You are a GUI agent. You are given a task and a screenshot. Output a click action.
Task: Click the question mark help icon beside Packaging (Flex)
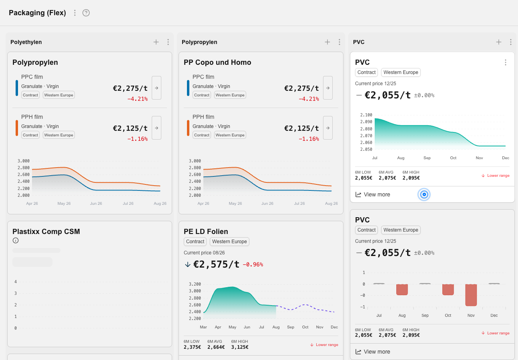(x=86, y=13)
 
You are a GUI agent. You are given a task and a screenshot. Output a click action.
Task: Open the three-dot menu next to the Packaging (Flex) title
(x=75, y=13)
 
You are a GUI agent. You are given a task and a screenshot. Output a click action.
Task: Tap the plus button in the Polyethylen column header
(x=156, y=42)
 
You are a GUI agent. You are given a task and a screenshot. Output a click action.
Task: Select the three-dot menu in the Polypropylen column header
(x=339, y=42)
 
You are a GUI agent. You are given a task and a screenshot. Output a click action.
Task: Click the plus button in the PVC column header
(x=498, y=42)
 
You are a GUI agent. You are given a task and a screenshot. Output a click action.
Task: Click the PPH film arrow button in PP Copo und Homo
(x=328, y=128)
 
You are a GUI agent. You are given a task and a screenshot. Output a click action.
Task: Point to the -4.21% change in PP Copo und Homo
(x=309, y=99)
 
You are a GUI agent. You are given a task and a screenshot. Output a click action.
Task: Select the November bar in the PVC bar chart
(x=471, y=295)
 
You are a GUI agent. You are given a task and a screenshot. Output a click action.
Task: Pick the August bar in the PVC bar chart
(x=402, y=290)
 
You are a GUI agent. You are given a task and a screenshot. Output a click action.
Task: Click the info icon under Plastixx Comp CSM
(x=16, y=240)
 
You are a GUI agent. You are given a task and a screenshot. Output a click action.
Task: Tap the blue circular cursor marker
(x=424, y=194)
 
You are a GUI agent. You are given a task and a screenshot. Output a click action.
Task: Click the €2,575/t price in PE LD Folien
(x=216, y=264)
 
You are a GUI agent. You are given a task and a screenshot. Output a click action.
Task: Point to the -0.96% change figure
(x=253, y=264)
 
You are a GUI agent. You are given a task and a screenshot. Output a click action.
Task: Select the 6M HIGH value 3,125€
(x=240, y=347)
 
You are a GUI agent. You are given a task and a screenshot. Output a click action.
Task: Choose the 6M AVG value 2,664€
(x=216, y=347)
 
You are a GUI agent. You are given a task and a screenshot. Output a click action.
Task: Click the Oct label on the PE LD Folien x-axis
(x=305, y=327)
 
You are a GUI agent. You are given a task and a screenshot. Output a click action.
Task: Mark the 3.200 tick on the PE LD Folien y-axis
(x=195, y=284)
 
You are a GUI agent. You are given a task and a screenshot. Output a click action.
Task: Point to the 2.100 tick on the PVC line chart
(x=366, y=115)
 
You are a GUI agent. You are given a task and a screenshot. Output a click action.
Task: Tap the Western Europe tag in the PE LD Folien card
(x=229, y=242)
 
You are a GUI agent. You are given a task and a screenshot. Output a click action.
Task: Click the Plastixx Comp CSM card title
(x=46, y=231)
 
